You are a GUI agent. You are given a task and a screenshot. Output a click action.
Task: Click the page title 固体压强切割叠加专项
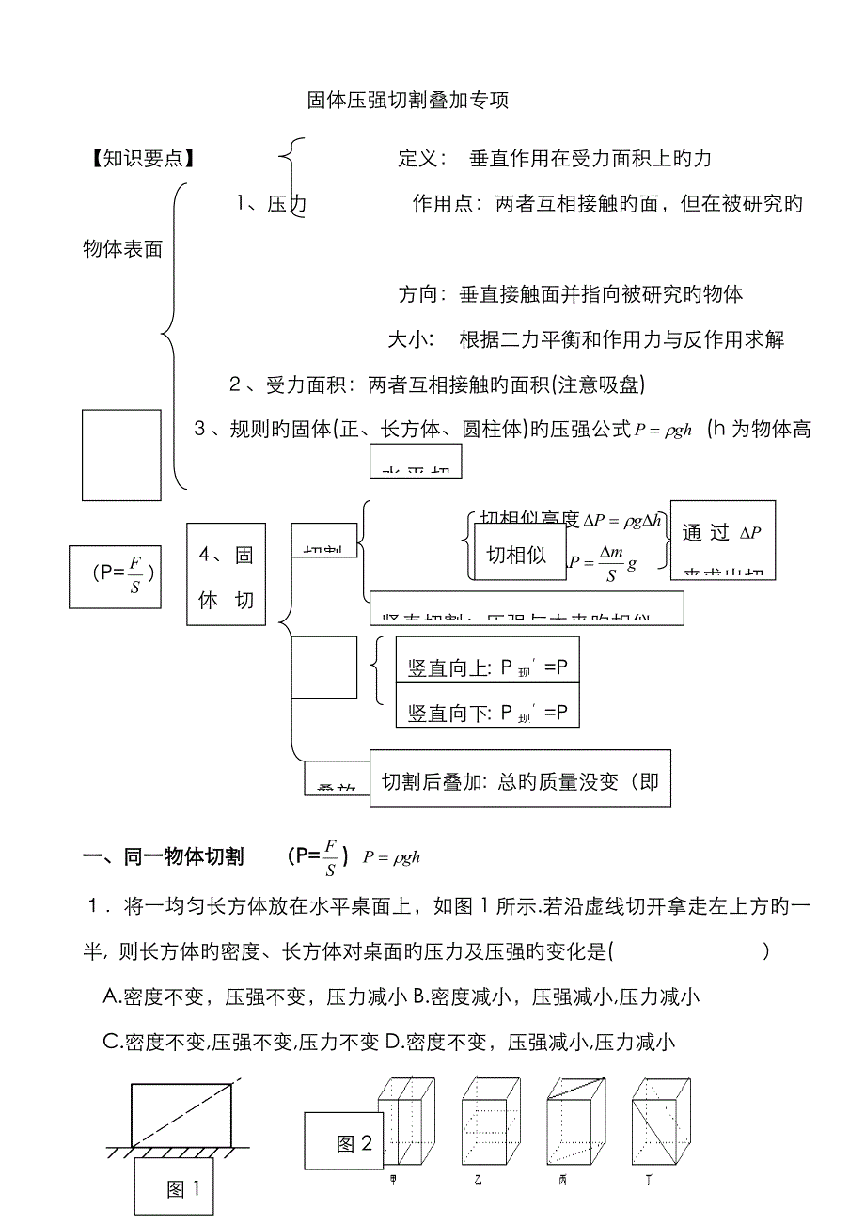click(x=408, y=101)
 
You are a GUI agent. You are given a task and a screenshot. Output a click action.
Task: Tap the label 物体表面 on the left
click(x=123, y=248)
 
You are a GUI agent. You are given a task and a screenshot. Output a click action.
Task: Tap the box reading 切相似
click(x=516, y=555)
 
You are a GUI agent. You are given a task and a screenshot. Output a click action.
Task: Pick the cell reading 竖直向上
click(x=487, y=667)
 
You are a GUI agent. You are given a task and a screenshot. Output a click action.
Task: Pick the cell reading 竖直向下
click(x=487, y=713)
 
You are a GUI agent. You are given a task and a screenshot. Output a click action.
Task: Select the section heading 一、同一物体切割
click(x=164, y=856)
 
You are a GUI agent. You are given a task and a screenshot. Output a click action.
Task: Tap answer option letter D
click(x=393, y=1042)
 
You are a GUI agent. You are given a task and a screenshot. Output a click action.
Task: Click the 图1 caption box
click(x=182, y=1188)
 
